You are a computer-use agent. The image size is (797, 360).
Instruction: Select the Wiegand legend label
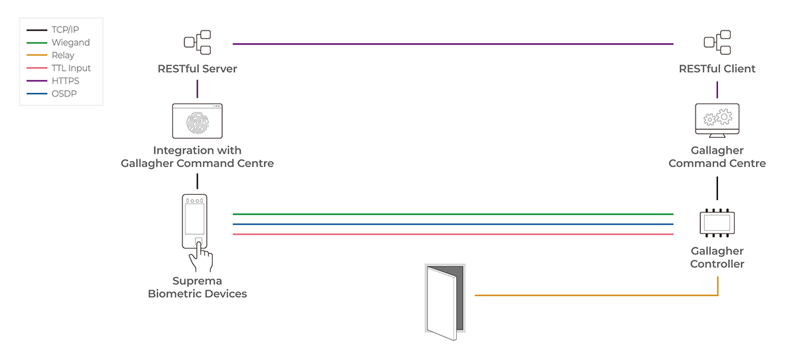pos(70,42)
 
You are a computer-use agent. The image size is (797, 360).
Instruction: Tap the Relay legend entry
pos(63,56)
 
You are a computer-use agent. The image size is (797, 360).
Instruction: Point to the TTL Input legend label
pos(71,68)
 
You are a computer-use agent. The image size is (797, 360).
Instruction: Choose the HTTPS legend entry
pos(66,81)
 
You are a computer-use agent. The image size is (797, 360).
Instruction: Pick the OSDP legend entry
pos(64,93)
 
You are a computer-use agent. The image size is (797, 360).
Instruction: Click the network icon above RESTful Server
pos(197,42)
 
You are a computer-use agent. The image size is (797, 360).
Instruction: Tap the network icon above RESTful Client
pos(717,42)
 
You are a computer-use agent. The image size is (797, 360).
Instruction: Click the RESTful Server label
pos(197,69)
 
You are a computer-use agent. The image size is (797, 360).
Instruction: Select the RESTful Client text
pos(717,69)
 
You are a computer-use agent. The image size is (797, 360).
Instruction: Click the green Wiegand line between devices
pos(453,214)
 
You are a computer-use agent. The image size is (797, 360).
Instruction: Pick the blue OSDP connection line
pos(453,224)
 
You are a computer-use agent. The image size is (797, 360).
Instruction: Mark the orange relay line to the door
pos(597,295)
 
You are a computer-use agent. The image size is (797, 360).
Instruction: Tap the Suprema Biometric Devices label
pos(197,288)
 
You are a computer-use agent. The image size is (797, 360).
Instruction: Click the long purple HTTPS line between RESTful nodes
pos(453,44)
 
